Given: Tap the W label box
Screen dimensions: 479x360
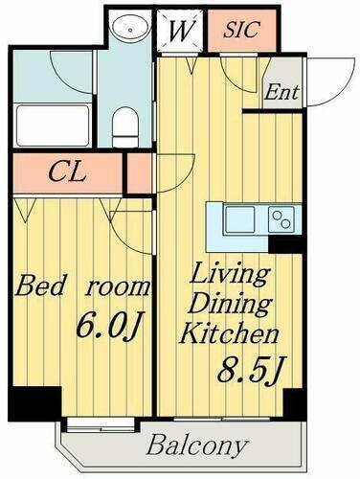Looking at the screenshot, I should [179, 30].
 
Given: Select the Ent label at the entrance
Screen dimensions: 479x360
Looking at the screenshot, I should [282, 93].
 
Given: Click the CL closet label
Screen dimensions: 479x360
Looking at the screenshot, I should [70, 174].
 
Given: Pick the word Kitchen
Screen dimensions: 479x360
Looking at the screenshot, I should [230, 334].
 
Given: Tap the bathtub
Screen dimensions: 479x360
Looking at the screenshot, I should [53, 123].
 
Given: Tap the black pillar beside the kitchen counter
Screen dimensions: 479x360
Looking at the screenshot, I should [285, 243].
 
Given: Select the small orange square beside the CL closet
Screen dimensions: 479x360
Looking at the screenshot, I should [140, 173].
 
